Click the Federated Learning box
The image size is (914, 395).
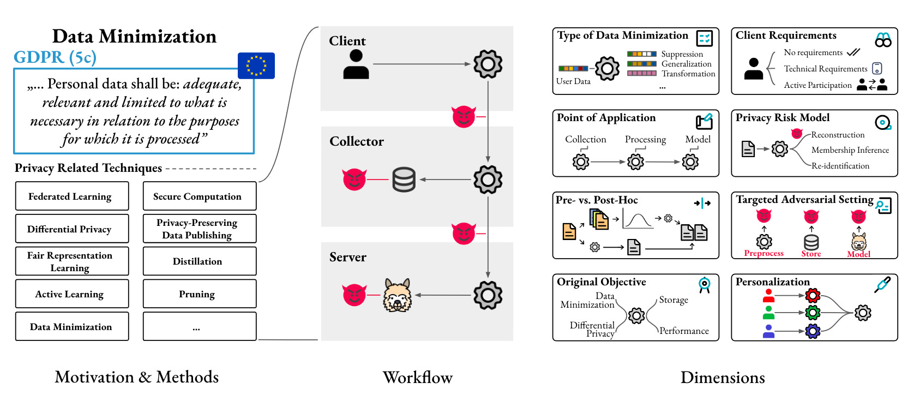(72, 196)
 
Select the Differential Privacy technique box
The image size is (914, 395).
(72, 229)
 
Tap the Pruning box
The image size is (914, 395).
(199, 294)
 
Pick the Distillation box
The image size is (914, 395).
(199, 261)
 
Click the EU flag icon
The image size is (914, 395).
(256, 65)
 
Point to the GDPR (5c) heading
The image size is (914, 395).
(55, 57)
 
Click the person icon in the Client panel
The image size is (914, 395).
(356, 64)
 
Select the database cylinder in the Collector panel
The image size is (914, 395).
(404, 179)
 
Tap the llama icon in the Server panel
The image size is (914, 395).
(397, 295)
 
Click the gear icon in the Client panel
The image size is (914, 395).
(488, 64)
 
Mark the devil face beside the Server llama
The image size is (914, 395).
(354, 295)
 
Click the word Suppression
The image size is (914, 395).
(682, 54)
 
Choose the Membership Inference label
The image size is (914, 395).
(850, 150)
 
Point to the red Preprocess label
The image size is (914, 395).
(763, 254)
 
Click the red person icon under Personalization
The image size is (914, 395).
(768, 296)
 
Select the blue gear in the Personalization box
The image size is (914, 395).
(813, 331)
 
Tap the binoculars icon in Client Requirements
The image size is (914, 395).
(883, 40)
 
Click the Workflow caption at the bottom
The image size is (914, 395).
(417, 378)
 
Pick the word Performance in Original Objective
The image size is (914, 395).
(684, 331)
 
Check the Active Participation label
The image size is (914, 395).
(817, 85)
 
